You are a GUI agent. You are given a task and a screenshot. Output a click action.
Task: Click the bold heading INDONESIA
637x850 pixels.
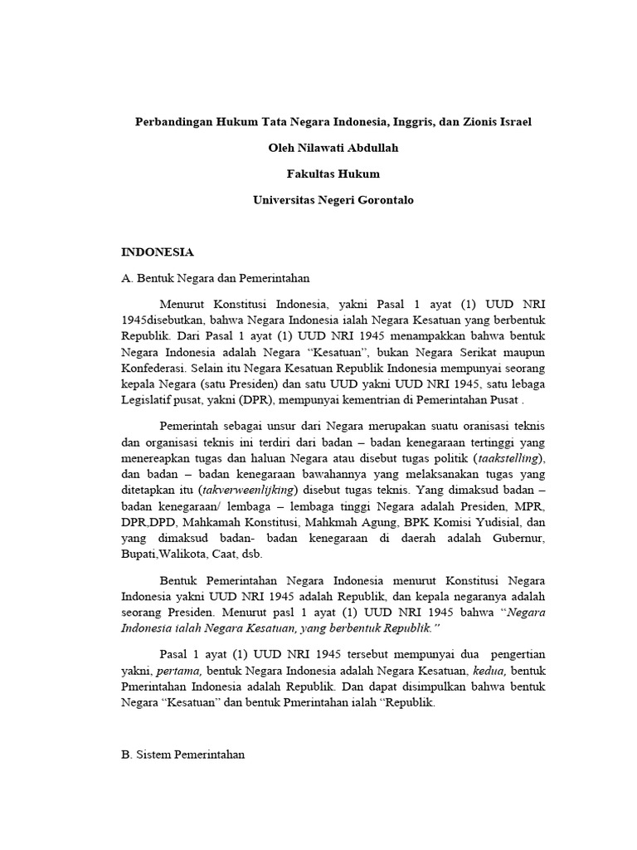point(158,252)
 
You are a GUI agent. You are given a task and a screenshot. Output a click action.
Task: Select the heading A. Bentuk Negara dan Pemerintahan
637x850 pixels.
point(216,278)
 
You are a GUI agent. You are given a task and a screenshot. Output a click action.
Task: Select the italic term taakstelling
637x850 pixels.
point(504,458)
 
